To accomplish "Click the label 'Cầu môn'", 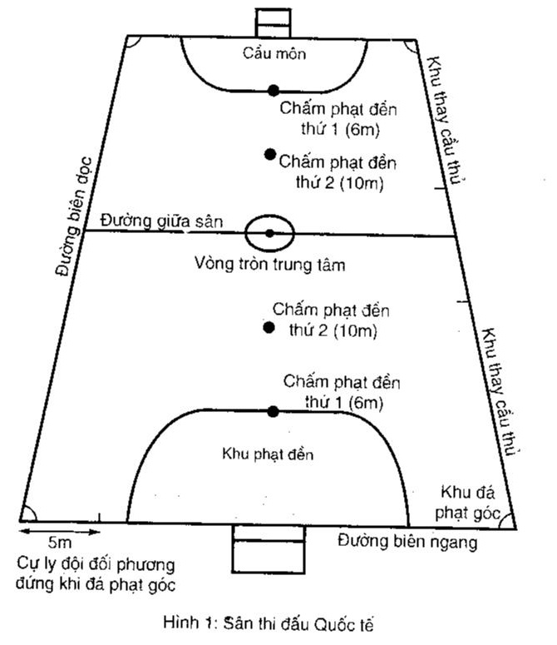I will tap(275, 54).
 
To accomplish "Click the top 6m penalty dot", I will tap(273, 90).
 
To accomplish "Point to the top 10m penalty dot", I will tap(269, 154).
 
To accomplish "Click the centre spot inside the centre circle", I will tap(269, 232).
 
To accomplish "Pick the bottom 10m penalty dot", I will tap(269, 328).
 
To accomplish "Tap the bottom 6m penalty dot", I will tap(273, 411).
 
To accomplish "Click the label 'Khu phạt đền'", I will tap(268, 454).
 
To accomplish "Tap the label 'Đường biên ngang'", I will tap(407, 543).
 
